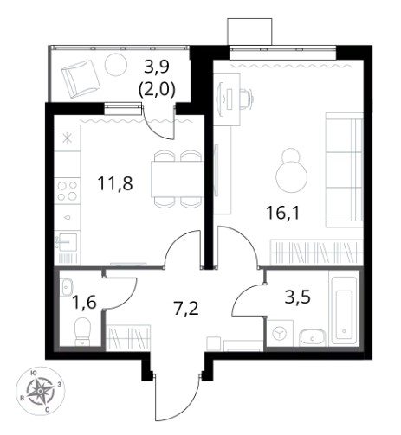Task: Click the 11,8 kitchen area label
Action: pos(115,183)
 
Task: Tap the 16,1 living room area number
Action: pos(283,214)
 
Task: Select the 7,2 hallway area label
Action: pos(186,309)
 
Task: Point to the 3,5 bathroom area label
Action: pos(298,297)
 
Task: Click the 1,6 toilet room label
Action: pos(84,303)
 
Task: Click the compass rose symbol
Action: pos(41,391)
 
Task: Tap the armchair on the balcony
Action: pos(81,79)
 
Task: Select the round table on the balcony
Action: pos(116,65)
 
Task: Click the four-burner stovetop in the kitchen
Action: pos(68,191)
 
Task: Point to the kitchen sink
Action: pos(68,242)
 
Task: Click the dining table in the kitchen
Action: pos(177,179)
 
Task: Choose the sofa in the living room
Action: pos(344,170)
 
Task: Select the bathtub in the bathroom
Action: pos(344,310)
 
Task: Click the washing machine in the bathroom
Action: pos(280,333)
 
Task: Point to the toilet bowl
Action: pos(82,332)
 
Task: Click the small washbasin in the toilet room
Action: pos(67,288)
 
